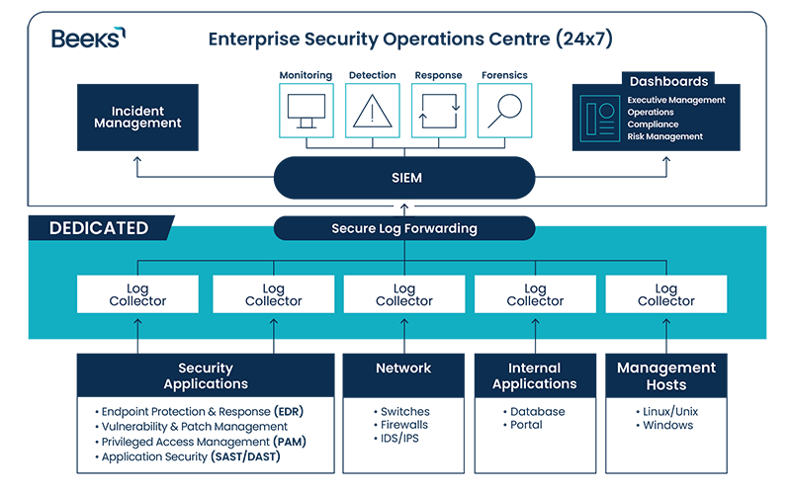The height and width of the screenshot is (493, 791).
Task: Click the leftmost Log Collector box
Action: click(x=137, y=294)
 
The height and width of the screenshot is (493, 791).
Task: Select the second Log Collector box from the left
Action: click(x=273, y=294)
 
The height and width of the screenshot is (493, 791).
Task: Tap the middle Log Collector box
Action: click(x=403, y=294)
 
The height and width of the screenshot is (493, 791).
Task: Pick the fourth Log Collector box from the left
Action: click(x=535, y=294)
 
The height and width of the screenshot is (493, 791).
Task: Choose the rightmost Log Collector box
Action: click(x=665, y=294)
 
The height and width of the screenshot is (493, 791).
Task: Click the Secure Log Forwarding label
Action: click(x=403, y=228)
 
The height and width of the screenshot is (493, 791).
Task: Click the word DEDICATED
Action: click(x=99, y=228)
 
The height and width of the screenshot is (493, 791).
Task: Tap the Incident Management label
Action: click(x=137, y=117)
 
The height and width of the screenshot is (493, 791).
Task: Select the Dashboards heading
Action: click(x=668, y=82)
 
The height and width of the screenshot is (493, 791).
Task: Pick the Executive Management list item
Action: click(x=676, y=100)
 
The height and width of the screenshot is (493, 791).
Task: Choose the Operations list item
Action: click(x=651, y=113)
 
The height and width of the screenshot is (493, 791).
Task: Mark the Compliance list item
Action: click(x=653, y=124)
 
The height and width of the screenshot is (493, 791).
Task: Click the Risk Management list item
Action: click(x=664, y=136)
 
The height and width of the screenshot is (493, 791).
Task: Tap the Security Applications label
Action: click(x=206, y=375)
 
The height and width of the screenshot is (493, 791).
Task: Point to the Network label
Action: click(x=403, y=368)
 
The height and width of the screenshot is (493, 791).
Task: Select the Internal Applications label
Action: click(x=535, y=375)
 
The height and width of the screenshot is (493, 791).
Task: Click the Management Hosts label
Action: click(x=665, y=375)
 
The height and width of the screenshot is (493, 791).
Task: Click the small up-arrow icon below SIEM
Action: click(x=403, y=208)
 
